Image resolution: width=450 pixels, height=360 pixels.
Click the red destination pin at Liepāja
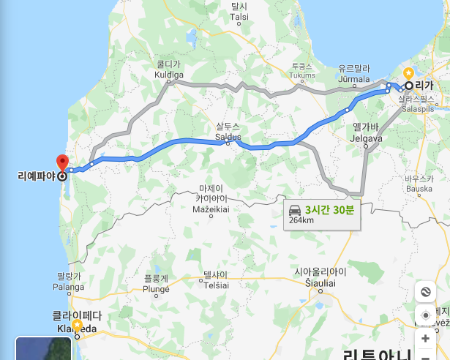coord(62,162)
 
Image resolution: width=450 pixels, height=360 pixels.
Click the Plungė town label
coord(156,283)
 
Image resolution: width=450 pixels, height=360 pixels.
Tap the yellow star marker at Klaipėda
coord(77,324)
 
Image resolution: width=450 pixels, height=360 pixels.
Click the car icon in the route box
coord(295,209)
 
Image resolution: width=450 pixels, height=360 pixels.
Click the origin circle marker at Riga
coord(409,86)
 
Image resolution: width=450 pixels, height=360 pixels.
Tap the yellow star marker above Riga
coord(408,73)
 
